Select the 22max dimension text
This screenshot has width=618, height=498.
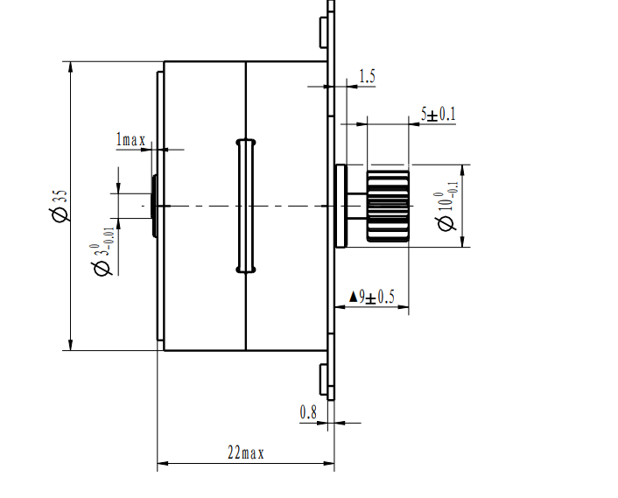tap(245, 452)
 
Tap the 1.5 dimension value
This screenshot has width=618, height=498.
tap(367, 77)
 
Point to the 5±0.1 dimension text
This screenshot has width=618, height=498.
tap(439, 114)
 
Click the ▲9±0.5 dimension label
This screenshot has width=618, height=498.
tap(372, 298)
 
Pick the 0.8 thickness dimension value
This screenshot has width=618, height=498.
tap(308, 411)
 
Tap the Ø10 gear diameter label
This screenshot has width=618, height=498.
tap(447, 207)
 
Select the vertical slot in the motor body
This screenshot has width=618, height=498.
tap(245, 206)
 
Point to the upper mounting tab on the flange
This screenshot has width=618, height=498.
tap(323, 31)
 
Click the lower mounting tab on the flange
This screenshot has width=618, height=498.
tap(323, 379)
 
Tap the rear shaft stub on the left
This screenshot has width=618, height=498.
tap(153, 206)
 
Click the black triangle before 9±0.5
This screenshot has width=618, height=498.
tap(354, 298)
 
